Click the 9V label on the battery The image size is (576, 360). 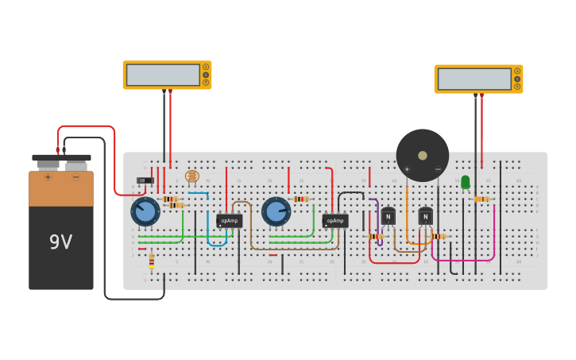60,242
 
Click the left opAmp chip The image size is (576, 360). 229,220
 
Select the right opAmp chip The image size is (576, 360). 335,220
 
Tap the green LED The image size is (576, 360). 466,182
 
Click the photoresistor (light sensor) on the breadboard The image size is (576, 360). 191,176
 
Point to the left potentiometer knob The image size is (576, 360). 145,212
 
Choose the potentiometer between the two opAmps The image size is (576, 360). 276,212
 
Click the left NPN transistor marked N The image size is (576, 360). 388,215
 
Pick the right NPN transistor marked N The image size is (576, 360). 426,215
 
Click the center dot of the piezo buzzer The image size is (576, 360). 423,156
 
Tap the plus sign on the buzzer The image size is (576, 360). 407,169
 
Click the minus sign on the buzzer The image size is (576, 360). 438,169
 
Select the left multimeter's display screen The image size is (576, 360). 164,75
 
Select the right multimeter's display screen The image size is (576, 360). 475,79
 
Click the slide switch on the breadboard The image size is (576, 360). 145,180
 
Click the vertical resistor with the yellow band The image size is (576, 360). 152,261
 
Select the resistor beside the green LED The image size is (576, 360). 481,199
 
